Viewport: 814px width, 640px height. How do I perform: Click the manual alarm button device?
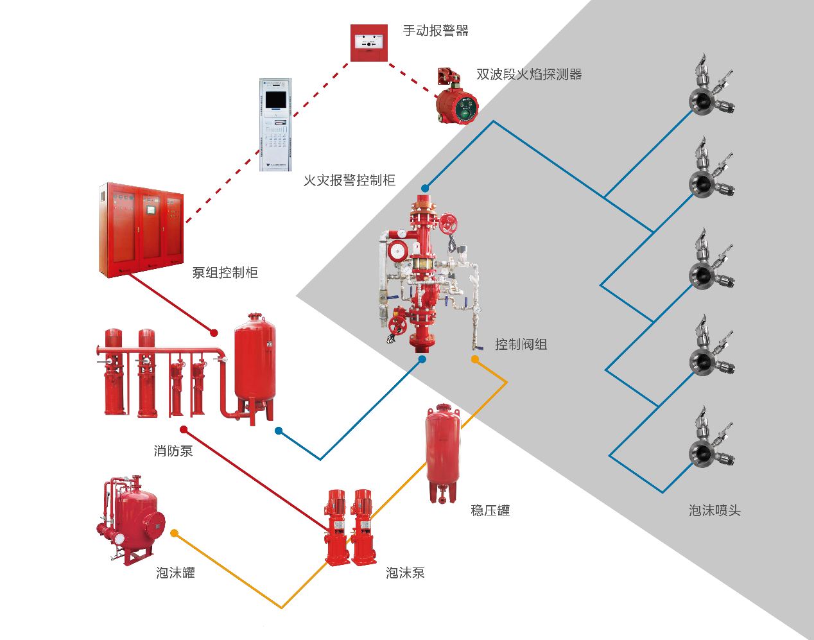[369, 43]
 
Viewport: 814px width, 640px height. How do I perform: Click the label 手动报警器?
[436, 31]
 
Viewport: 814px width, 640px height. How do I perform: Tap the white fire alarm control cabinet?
[275, 125]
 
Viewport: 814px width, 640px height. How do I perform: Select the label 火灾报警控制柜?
[349, 181]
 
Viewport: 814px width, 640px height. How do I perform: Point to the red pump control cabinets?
[141, 230]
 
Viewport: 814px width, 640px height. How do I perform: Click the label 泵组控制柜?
[225, 273]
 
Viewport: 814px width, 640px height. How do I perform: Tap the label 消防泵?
[173, 451]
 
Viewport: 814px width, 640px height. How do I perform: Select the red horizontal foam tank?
[134, 519]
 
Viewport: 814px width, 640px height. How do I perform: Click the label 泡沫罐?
[175, 573]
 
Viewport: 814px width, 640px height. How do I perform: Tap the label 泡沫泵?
[405, 573]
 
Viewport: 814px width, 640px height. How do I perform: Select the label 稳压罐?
[490, 510]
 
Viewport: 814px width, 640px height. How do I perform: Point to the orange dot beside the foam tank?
[174, 533]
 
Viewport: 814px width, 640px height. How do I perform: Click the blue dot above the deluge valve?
[425, 189]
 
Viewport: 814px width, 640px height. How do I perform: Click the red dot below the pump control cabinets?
[214, 333]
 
